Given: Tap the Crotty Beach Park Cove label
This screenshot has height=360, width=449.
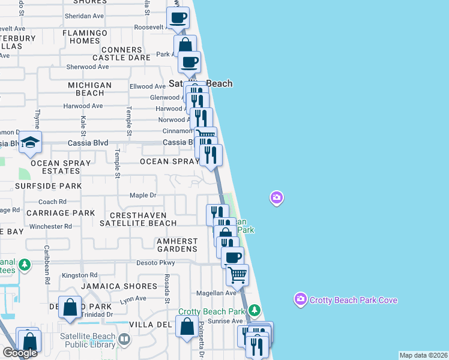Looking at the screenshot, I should [353, 299].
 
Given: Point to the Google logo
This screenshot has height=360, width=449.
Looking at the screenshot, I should [19, 353].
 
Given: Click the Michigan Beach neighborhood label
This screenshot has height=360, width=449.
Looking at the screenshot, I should [89, 89].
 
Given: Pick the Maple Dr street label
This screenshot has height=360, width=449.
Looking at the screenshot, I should [143, 195].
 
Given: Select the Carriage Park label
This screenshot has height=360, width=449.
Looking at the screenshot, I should [61, 213].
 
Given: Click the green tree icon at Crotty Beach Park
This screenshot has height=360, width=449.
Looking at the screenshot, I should [255, 310].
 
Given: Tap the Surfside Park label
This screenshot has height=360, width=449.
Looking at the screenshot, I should [48, 186].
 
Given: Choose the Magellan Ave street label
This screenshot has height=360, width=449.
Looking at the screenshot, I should [217, 293].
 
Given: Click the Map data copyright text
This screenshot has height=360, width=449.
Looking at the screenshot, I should [423, 355].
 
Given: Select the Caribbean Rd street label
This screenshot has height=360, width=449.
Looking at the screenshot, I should [47, 263].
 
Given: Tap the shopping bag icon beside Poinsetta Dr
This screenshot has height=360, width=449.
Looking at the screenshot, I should [187, 327].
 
